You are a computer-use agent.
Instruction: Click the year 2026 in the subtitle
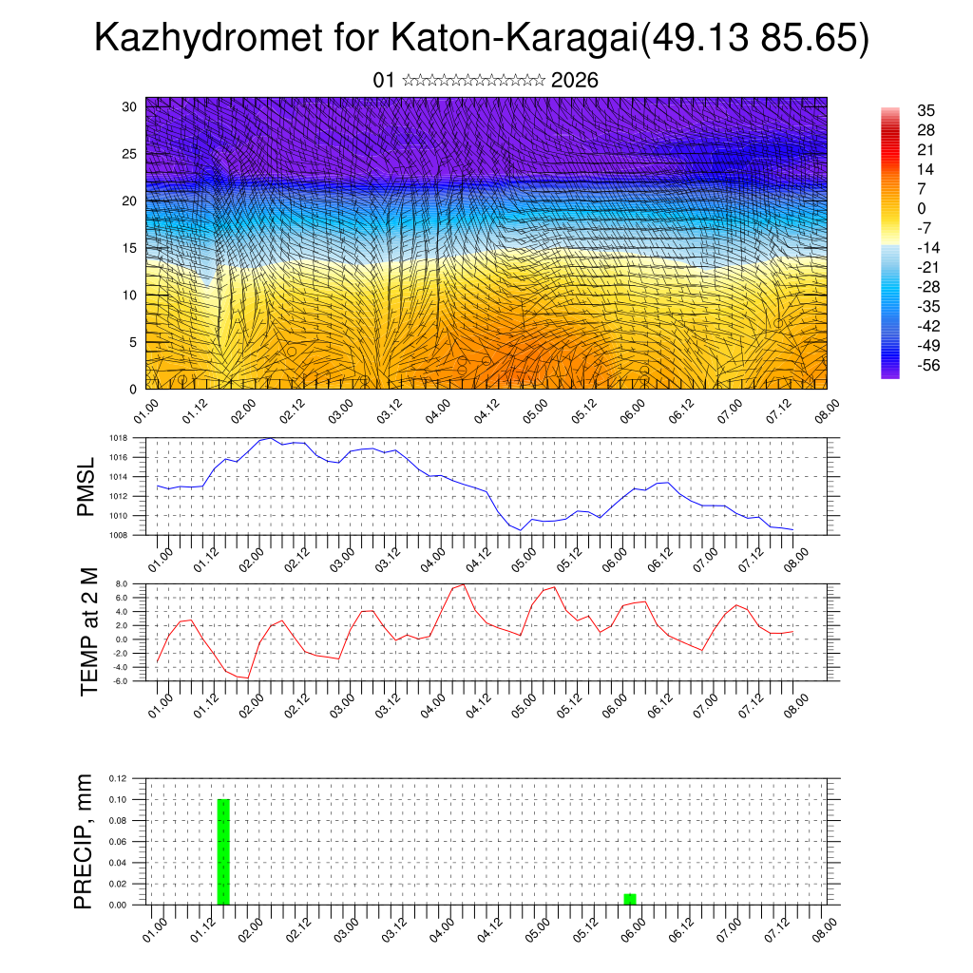click(x=574, y=80)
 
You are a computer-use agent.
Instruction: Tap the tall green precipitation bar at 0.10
click(x=223, y=851)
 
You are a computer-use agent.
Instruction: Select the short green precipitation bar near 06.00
click(x=630, y=899)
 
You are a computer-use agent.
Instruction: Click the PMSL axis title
click(x=87, y=486)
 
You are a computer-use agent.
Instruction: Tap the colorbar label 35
click(x=926, y=110)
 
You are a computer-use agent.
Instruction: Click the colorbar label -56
click(x=926, y=365)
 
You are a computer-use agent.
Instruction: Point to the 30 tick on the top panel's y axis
click(x=130, y=106)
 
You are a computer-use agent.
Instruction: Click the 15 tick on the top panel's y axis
click(x=130, y=248)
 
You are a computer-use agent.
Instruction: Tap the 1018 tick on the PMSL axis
click(x=118, y=438)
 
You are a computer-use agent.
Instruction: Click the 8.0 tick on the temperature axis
click(x=121, y=584)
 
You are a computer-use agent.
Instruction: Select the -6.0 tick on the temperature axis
click(x=120, y=681)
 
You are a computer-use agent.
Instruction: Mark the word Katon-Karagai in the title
click(x=512, y=40)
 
